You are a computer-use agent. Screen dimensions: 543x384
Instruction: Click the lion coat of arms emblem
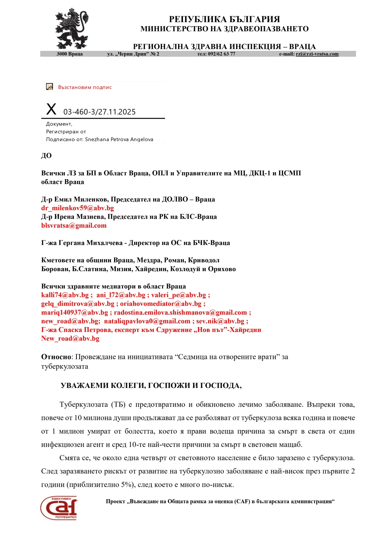[x=72, y=29]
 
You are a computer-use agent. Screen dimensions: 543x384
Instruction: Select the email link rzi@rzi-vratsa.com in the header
[x=317, y=54]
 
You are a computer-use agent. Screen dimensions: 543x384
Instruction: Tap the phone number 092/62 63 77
[x=221, y=54]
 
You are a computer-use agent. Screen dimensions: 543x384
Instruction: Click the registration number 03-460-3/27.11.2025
[x=99, y=112]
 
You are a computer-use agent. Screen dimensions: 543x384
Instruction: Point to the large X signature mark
[x=51, y=109]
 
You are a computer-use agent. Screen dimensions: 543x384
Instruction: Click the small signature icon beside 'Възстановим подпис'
[x=50, y=87]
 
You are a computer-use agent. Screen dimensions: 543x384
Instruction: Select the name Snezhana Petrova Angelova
[x=119, y=139]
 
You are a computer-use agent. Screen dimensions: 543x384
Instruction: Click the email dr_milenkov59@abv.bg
[x=77, y=208]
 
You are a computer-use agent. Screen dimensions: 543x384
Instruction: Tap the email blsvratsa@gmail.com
[x=74, y=225]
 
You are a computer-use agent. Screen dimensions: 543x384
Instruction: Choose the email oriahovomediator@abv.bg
[x=161, y=304]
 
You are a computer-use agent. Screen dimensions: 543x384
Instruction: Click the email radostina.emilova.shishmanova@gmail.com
[x=180, y=313]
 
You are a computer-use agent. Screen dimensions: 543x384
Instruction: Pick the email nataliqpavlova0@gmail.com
[x=147, y=321]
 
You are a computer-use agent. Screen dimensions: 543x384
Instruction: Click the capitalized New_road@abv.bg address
[x=70, y=338]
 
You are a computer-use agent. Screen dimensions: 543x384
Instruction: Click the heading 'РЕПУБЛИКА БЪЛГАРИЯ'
[x=224, y=19]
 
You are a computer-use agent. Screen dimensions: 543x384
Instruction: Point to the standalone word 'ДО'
[x=47, y=156]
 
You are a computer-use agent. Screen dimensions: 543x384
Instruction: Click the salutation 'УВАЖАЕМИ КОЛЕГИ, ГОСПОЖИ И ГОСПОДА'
[x=151, y=386]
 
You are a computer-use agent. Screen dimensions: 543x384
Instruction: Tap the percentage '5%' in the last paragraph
[x=126, y=485]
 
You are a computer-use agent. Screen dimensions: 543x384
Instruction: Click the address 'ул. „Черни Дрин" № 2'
[x=133, y=54]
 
